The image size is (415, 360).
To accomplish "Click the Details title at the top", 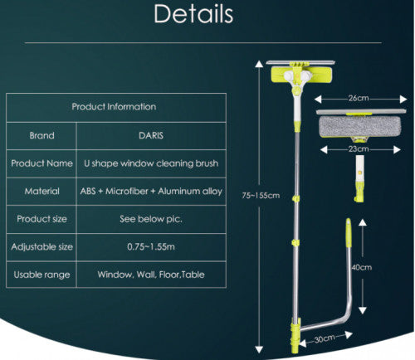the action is tap(193, 14).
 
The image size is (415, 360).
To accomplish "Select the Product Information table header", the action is tap(114, 107).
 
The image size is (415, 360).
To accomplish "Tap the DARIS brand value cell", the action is tap(151, 135).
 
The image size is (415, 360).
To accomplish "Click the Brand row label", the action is tap(41, 135).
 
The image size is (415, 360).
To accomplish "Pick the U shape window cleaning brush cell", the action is tap(151, 163).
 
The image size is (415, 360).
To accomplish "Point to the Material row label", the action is tap(41, 191).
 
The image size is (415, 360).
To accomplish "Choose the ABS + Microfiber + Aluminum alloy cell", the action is tap(151, 191).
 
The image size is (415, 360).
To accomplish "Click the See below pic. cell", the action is tap(151, 219).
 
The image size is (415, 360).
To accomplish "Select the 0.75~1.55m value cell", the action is tap(151, 246).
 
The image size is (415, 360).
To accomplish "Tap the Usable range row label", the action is tap(41, 275).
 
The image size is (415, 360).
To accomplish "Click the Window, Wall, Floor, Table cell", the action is tap(151, 275).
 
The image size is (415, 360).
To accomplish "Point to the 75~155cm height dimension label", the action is tap(261, 196).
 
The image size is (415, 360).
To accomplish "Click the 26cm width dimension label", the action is tap(359, 98).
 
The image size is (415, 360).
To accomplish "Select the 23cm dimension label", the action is tap(359, 149).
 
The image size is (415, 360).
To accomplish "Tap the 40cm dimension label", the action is tap(362, 267).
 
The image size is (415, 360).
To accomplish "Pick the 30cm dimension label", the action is tap(325, 338).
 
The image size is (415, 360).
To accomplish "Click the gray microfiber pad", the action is tap(360, 127).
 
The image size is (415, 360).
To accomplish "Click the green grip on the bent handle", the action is tap(349, 232).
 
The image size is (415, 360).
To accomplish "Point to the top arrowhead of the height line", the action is tap(259, 64).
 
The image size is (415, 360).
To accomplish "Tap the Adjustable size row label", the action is tap(41, 246).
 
